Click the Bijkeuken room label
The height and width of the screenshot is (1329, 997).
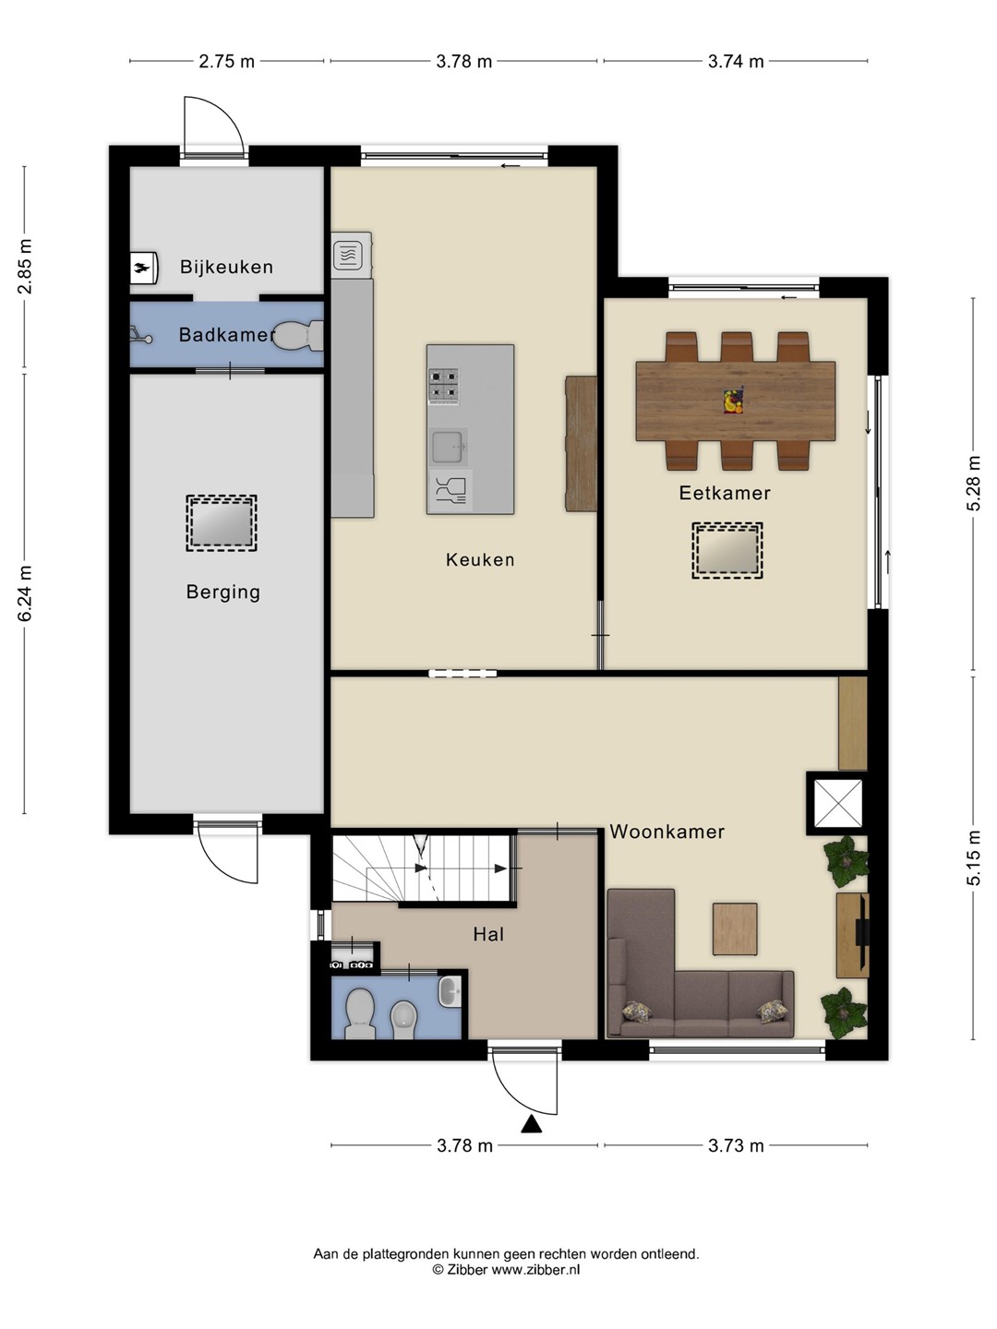pyautogui.click(x=226, y=267)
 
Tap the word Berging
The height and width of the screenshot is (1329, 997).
pyautogui.click(x=223, y=593)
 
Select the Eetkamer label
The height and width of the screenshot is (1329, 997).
pyautogui.click(x=725, y=493)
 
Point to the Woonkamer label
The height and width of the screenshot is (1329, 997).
pyautogui.click(x=667, y=832)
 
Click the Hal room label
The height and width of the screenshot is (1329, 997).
pyautogui.click(x=488, y=934)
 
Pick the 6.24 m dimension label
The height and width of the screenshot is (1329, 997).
pyautogui.click(x=25, y=593)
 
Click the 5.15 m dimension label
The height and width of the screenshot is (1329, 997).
pyautogui.click(x=973, y=857)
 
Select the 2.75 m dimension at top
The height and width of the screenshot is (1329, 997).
pyautogui.click(x=227, y=61)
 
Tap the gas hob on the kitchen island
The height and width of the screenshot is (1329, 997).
pyautogui.click(x=444, y=387)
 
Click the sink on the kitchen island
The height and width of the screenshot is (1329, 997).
pyautogui.click(x=448, y=447)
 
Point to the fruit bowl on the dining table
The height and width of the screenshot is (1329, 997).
pyautogui.click(x=734, y=401)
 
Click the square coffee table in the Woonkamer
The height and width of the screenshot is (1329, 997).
pyautogui.click(x=735, y=928)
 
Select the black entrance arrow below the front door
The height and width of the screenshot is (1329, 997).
pyautogui.click(x=532, y=1124)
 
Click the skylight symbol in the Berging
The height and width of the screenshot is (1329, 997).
pyautogui.click(x=222, y=523)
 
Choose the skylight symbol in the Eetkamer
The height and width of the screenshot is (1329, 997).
pyautogui.click(x=727, y=550)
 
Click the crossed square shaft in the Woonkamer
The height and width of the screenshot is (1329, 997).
pyautogui.click(x=838, y=804)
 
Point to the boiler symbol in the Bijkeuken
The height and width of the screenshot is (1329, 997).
pyautogui.click(x=144, y=267)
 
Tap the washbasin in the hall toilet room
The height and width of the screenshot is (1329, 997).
pyautogui.click(x=450, y=991)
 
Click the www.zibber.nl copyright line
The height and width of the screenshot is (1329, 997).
pyautogui.click(x=506, y=1270)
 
